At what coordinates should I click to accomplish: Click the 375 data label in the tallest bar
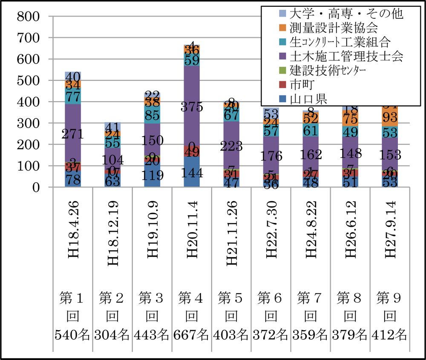[x=191, y=108]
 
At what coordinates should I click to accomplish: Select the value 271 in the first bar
[x=73, y=134]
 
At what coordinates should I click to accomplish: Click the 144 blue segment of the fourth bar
[x=191, y=172]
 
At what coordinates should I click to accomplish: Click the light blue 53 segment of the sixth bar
[x=271, y=113]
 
